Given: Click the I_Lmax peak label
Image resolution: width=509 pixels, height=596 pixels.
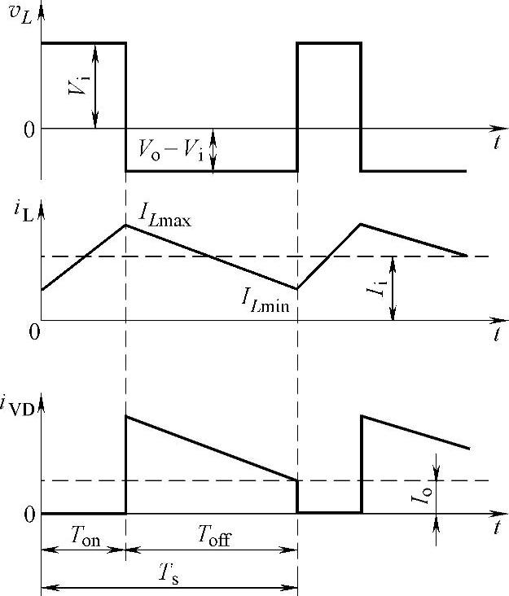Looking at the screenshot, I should (165, 216).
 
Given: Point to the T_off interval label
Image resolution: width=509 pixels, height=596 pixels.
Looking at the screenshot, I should (215, 535).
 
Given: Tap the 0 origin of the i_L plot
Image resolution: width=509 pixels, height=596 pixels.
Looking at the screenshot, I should (33, 332).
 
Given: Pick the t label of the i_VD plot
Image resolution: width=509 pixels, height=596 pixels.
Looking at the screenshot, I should (496, 528).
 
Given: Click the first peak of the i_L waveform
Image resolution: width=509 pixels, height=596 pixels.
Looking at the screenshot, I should (125, 225).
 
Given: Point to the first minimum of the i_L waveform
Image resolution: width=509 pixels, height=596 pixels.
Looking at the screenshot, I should (297, 288).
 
